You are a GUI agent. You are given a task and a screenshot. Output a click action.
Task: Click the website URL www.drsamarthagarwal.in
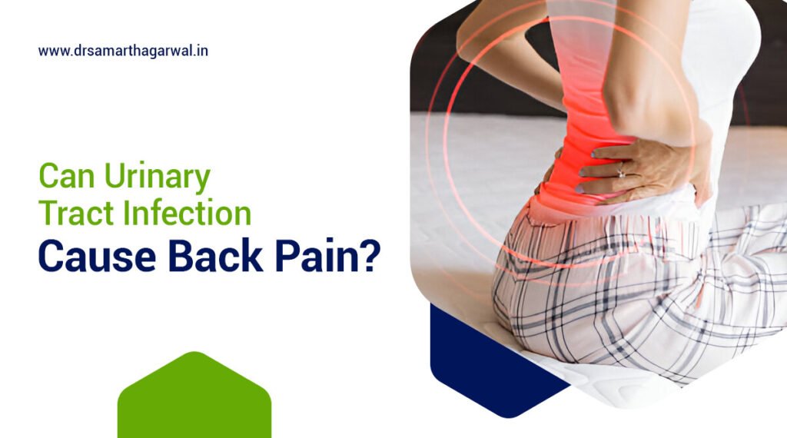[x=123, y=51]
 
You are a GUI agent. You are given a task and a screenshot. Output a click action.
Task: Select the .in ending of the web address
[x=202, y=51]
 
